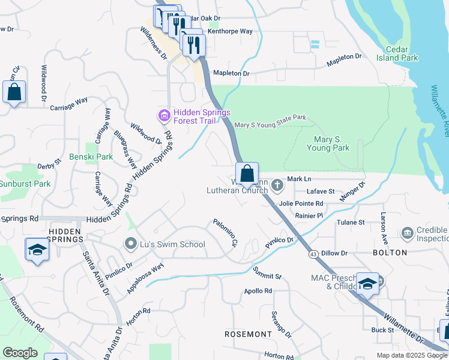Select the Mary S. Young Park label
328,143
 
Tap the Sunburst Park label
25,184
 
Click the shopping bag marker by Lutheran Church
247,174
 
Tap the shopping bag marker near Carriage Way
14,92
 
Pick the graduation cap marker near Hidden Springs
37,250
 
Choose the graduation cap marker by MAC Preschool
367,284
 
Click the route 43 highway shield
313,255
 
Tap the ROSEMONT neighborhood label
248,334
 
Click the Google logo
20,352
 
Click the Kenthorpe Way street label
230,31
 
